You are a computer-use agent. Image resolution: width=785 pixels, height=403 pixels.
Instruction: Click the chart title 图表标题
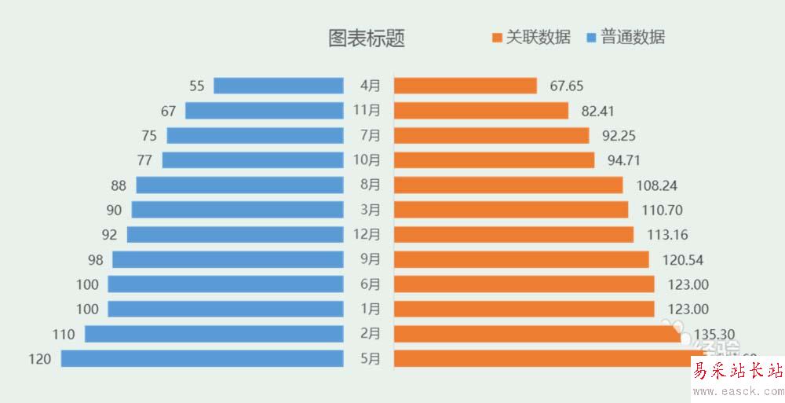[x=367, y=38]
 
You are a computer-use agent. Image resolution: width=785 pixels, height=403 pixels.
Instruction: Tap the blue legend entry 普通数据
[x=626, y=37]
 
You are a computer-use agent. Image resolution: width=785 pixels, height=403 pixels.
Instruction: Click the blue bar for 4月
[x=279, y=86]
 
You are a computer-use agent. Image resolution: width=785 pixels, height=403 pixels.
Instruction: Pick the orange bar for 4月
[x=465, y=86]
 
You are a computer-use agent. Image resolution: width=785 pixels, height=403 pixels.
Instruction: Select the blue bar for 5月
[x=203, y=359]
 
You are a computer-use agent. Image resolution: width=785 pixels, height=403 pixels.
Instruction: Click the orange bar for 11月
[x=480, y=111]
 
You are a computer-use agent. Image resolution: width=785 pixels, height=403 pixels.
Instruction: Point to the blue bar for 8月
[x=240, y=185]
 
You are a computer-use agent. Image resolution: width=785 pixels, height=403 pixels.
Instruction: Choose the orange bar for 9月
[x=521, y=259]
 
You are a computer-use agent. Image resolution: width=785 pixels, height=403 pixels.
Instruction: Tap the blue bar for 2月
[x=214, y=334]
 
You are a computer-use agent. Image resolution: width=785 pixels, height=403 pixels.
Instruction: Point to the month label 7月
[x=370, y=135]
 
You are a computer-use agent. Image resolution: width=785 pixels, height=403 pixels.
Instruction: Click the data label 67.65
[x=567, y=86]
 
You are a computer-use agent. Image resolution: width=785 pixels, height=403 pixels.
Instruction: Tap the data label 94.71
[x=624, y=160]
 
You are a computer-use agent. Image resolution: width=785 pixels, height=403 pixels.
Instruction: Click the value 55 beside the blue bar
[x=197, y=86]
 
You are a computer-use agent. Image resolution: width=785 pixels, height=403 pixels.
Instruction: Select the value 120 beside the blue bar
[x=39, y=359]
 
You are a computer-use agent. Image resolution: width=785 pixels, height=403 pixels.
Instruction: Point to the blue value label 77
[x=144, y=160]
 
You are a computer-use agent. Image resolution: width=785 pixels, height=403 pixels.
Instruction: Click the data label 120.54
[x=684, y=259]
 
